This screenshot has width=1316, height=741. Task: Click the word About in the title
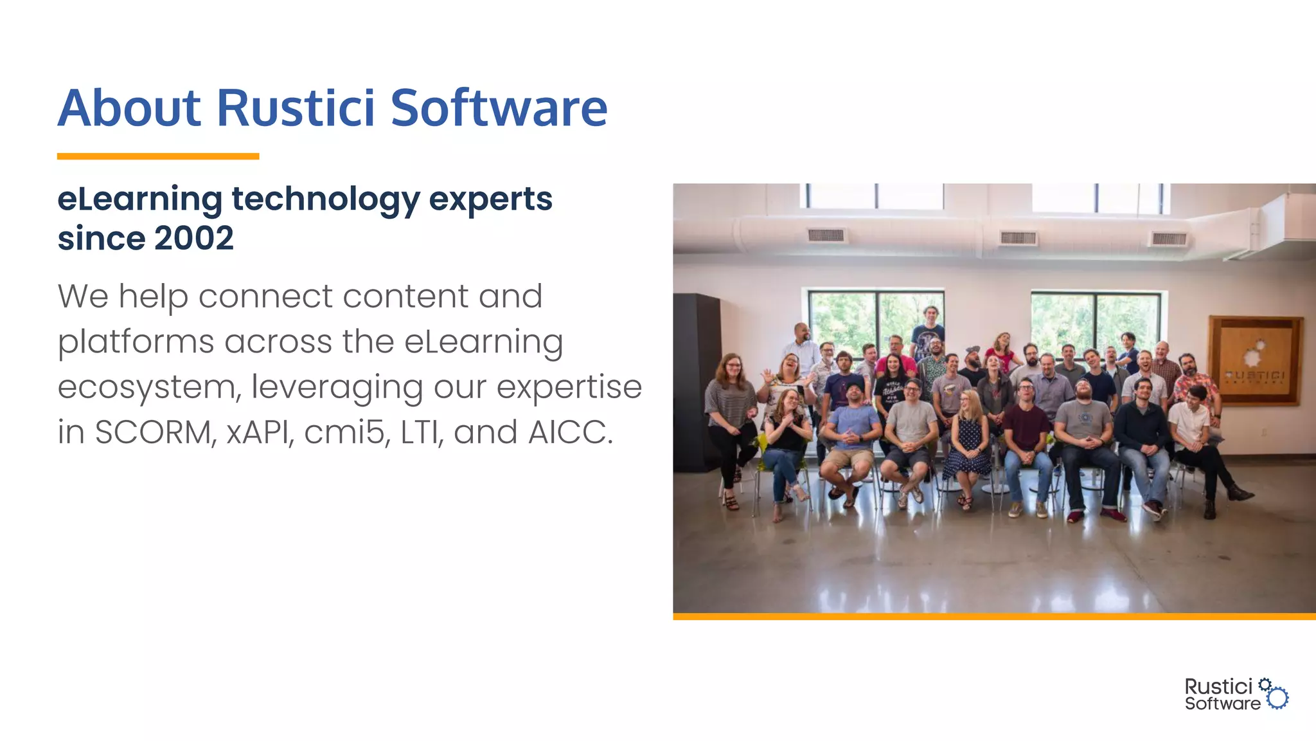(129, 107)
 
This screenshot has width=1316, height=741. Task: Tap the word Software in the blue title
(499, 107)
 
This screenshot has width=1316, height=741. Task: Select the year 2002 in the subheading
(193, 239)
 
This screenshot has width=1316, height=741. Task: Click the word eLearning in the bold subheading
(139, 199)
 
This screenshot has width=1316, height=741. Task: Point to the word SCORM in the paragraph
(155, 432)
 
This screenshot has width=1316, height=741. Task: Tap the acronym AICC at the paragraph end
(568, 432)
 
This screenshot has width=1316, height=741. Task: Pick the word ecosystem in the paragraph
(148, 387)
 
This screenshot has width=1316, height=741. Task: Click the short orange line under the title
(157, 156)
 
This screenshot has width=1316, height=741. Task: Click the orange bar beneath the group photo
(993, 616)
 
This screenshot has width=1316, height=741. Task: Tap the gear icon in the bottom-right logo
(1277, 697)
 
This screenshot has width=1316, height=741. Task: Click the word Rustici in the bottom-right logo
(1218, 686)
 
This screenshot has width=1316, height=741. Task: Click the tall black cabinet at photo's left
(696, 380)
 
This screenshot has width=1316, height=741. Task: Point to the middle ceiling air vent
(1018, 238)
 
